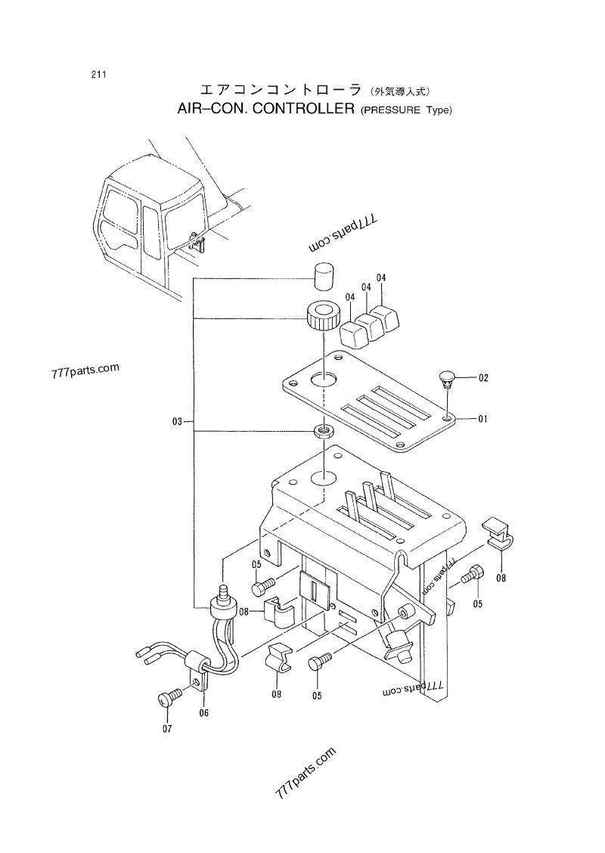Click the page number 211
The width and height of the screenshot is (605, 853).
point(97,74)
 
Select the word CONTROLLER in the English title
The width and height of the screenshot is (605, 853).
point(302,109)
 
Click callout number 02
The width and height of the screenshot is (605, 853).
point(483,377)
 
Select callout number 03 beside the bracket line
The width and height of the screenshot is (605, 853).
point(177,421)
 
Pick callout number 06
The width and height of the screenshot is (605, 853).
point(203,712)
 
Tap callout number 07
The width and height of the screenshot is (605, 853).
point(166,729)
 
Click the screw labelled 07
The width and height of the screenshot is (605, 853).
point(169,698)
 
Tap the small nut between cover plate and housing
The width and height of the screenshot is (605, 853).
point(324,432)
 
